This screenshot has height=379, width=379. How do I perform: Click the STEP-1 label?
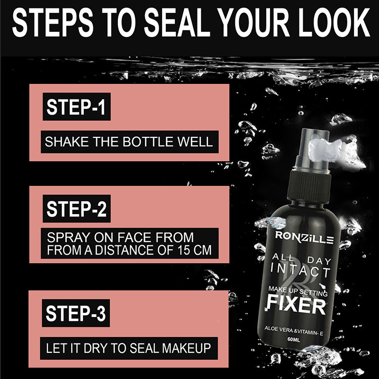76,108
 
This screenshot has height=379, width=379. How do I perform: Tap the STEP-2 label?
76,209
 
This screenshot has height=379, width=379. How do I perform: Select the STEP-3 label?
76,314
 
